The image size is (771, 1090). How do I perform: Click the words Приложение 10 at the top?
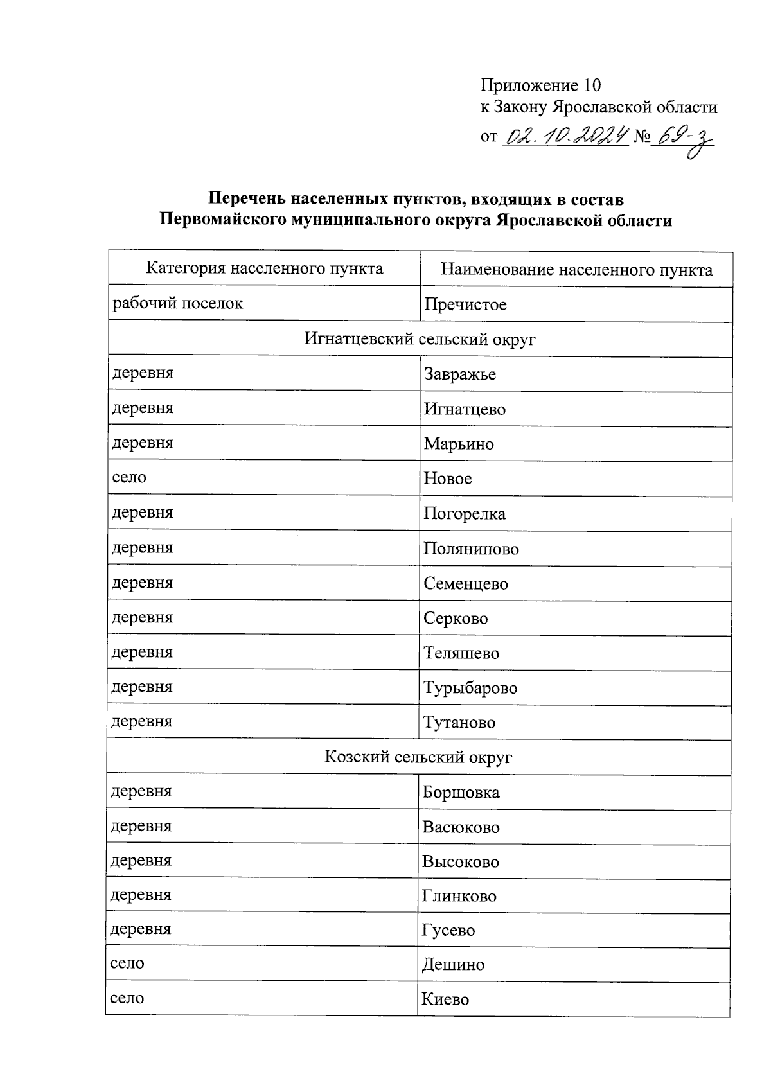[x=540, y=85]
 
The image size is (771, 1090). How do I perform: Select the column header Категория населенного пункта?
[x=264, y=268]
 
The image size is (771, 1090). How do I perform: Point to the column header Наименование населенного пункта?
[x=576, y=270]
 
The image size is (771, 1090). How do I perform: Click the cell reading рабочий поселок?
[x=178, y=303]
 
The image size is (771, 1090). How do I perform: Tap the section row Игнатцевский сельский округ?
[x=420, y=339]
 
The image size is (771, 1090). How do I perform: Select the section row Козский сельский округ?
[x=418, y=757]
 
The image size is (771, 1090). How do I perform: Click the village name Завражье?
[x=460, y=374]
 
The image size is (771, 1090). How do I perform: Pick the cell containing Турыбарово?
[x=470, y=688]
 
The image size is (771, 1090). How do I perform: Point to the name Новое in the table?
[x=448, y=479]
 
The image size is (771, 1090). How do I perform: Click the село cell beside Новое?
[x=129, y=477]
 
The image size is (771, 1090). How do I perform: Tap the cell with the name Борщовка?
[x=461, y=792]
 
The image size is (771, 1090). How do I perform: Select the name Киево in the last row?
[x=445, y=999]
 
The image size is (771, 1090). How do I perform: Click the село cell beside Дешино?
[x=127, y=963]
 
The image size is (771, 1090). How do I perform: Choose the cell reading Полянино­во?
[x=471, y=549]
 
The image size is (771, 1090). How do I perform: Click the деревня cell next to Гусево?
[x=141, y=929]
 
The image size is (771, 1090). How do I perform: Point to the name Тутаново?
[x=459, y=723]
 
